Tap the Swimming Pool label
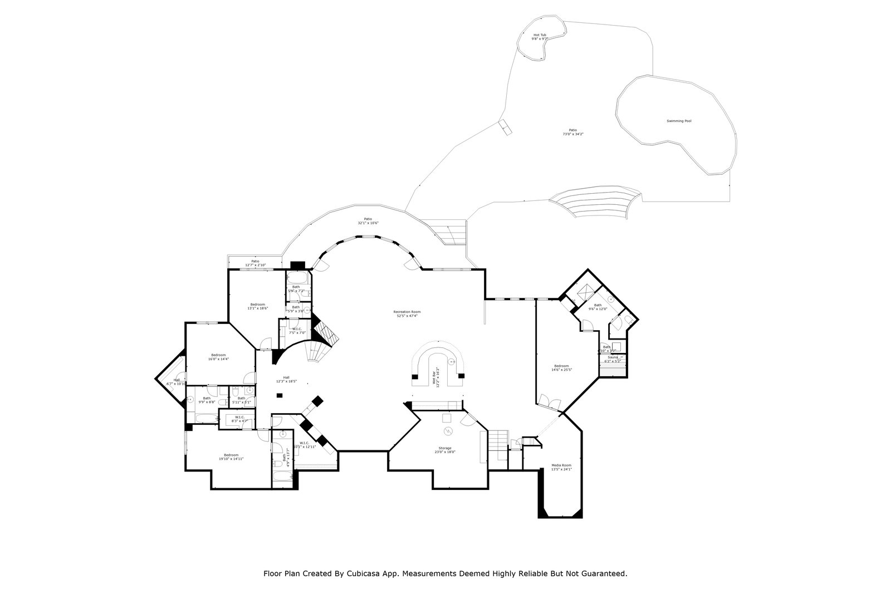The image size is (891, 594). coord(679,121)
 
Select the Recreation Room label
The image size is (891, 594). coord(407,313)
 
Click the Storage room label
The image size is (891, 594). coord(444,450)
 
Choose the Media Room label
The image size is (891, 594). coord(561,467)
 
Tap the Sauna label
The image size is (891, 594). coord(613,359)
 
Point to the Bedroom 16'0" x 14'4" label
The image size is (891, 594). coord(218,357)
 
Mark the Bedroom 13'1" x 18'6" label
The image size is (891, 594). coord(257,306)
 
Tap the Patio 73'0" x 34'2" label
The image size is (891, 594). coord(572,131)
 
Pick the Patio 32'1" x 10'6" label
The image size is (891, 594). coord(368,221)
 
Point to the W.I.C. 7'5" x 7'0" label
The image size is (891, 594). coord(297,330)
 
